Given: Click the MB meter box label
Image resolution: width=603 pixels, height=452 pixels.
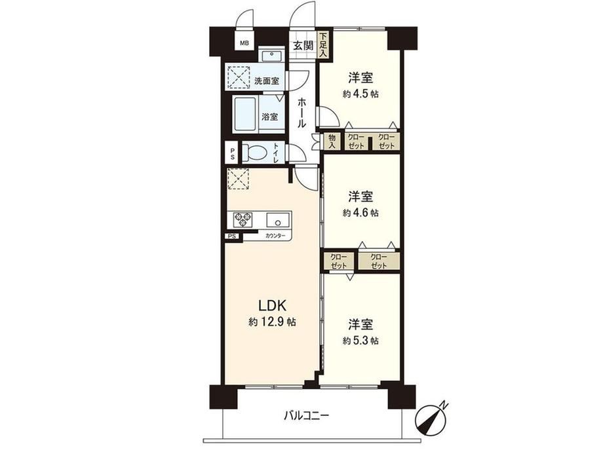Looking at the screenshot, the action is (244, 43).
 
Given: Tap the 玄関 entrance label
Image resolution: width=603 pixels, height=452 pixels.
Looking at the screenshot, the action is (303, 45).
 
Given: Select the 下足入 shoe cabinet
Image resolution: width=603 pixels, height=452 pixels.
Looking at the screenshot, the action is (323, 45).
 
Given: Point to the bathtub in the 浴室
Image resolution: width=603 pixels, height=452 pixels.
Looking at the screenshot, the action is (244, 114).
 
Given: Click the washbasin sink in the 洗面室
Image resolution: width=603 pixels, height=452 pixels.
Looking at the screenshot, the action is (272, 56).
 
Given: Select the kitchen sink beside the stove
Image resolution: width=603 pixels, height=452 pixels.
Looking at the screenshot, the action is (279, 220).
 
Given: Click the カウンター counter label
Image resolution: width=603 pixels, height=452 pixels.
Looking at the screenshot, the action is (275, 236).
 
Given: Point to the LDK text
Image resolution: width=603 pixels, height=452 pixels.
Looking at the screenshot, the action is (272, 305).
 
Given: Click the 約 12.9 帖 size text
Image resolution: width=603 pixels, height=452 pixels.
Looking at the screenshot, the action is (272, 322).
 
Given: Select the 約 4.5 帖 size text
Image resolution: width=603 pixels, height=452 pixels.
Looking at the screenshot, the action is (360, 94).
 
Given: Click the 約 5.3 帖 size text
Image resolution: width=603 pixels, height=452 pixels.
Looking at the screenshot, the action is (360, 341).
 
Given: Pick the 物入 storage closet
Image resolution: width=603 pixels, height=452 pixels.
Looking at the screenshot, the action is (332, 141).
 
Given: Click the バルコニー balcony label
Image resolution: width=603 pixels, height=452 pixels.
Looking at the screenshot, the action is (307, 415).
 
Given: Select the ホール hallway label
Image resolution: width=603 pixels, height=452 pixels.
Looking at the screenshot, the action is (302, 112).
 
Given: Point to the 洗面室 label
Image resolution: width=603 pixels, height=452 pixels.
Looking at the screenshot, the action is (267, 81).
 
